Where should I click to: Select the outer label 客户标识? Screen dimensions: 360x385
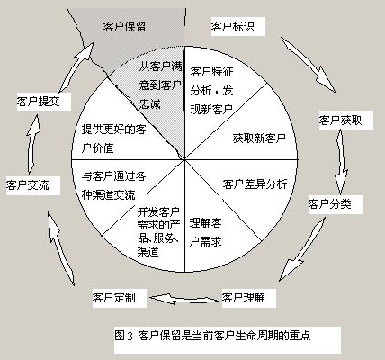pos(232,25)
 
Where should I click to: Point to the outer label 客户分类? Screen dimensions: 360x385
pos(330,204)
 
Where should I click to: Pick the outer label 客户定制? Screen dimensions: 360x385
pos(113,296)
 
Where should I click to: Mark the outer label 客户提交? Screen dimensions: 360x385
pos(39,102)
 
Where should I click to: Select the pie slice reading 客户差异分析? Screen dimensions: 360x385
pos(255,184)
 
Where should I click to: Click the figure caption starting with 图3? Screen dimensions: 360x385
pos(217,335)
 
